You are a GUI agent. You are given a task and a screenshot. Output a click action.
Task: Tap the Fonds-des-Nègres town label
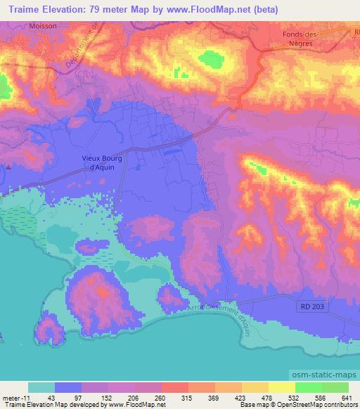[x=292, y=37]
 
